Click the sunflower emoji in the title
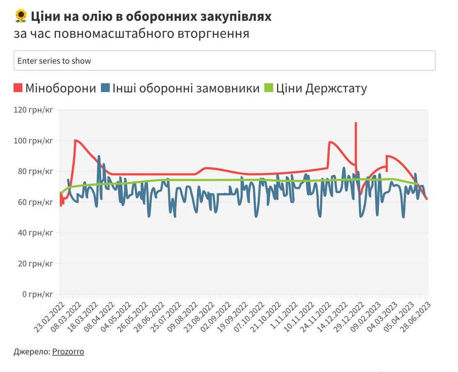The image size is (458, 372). pos(21,16)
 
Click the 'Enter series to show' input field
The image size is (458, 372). pos(224,61)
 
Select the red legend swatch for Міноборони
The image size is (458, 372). pos(18,88)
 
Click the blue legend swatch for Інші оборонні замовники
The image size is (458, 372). pos(105,88)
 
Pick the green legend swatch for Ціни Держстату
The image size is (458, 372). pos(269,88)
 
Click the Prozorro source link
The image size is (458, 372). pos(68,352)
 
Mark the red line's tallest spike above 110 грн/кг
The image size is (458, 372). pos(356,123)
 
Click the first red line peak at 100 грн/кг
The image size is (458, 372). pos(76,140)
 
